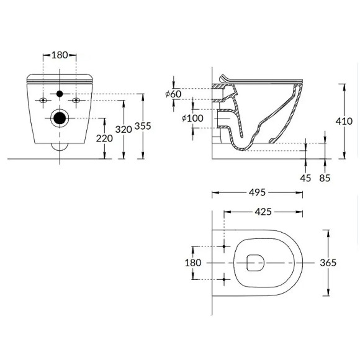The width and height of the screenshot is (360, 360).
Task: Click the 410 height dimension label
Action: (344, 122)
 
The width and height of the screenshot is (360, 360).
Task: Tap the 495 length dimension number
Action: (258, 192)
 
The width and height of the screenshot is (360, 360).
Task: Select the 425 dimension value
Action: (263, 212)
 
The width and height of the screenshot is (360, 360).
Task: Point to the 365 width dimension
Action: (328, 263)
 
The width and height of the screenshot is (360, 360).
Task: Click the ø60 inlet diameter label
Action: (173, 94)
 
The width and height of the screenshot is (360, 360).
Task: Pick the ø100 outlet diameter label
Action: (192, 119)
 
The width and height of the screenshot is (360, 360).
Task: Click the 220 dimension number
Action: (104, 138)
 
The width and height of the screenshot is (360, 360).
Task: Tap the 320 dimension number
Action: (124, 130)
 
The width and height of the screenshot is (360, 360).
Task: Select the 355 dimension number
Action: (143, 126)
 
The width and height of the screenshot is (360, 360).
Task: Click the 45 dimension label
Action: (305, 178)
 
